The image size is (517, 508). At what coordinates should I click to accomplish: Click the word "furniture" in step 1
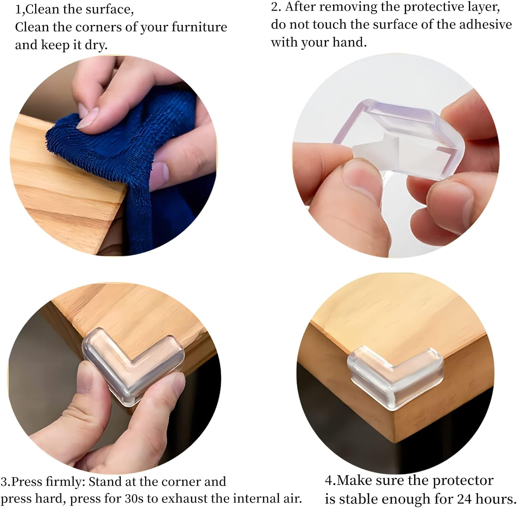(x=199, y=27)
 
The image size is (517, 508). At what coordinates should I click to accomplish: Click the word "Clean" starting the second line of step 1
(x=31, y=27)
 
